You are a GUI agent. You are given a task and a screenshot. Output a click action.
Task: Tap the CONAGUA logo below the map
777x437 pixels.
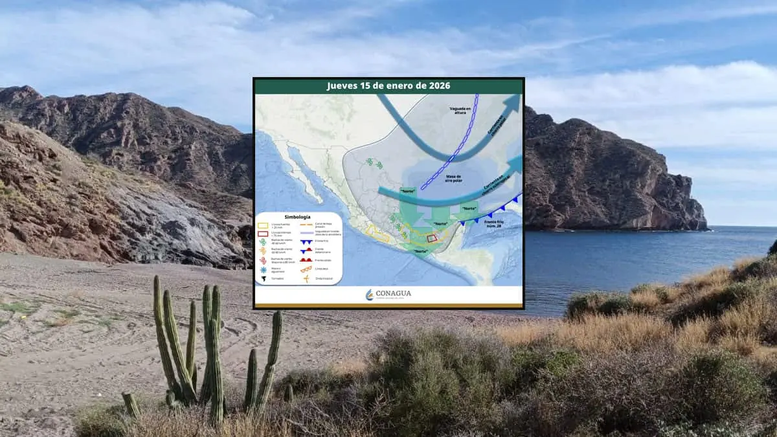(x=388, y=295)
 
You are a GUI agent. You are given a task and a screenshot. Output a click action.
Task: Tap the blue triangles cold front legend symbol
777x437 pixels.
(x=307, y=241)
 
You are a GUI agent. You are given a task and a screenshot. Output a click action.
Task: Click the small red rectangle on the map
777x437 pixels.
(x=433, y=238)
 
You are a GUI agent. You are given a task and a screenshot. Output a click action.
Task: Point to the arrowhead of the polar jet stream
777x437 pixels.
(x=513, y=102)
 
